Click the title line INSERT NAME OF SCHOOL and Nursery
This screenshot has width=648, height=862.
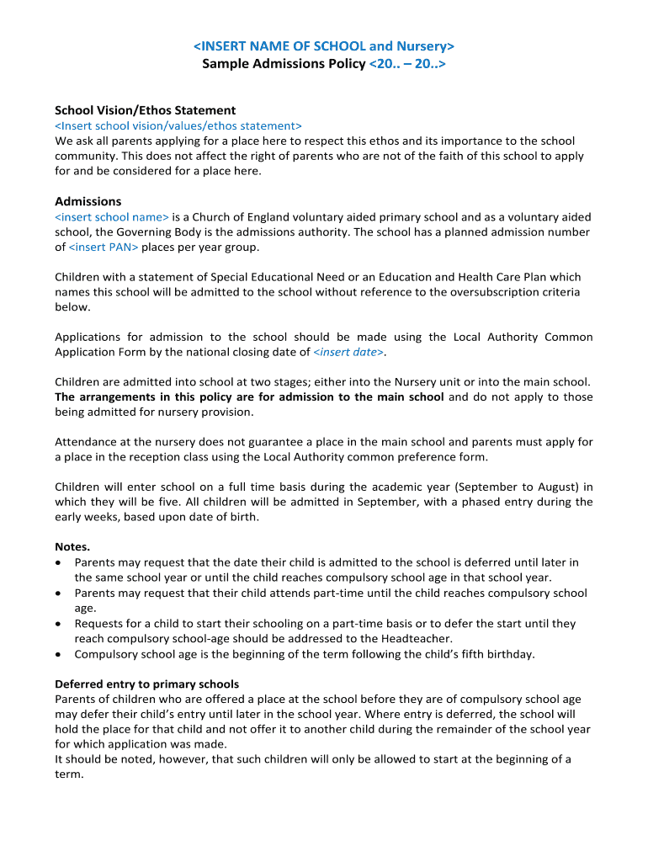click(x=324, y=45)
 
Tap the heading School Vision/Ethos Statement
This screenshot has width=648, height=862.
click(x=145, y=110)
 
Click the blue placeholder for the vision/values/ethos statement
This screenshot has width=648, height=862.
click(x=178, y=125)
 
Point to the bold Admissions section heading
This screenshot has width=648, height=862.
click(x=88, y=201)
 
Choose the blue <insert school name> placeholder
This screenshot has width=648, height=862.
click(x=112, y=216)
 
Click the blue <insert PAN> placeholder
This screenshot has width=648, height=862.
click(x=103, y=247)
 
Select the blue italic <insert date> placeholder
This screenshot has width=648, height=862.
click(x=348, y=352)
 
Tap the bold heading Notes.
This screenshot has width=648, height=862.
click(x=72, y=546)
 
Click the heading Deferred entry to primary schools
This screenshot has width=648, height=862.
click(x=146, y=684)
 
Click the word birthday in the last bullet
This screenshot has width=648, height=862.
click(x=509, y=654)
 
